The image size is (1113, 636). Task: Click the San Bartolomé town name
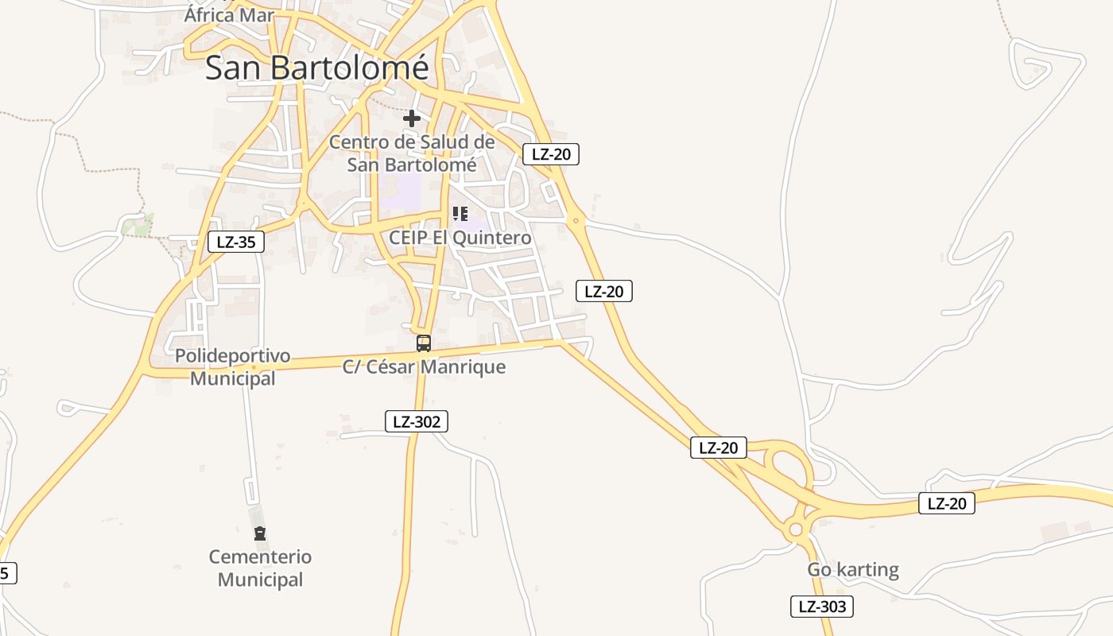(x=316, y=68)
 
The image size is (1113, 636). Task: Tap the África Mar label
(x=229, y=14)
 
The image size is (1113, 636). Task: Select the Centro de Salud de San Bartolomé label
(x=412, y=153)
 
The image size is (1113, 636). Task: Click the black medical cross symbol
(x=411, y=118)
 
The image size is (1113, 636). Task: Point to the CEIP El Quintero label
(x=460, y=237)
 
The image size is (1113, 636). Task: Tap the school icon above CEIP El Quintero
(x=460, y=214)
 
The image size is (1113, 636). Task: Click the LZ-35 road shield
(x=236, y=242)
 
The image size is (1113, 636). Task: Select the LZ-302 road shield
(x=416, y=422)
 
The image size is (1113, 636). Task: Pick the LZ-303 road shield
(x=821, y=607)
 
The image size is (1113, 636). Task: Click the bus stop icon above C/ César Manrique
(x=424, y=343)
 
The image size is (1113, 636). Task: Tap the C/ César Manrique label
(x=424, y=366)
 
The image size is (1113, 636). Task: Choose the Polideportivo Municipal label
(x=233, y=366)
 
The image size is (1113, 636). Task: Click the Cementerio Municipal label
(x=261, y=568)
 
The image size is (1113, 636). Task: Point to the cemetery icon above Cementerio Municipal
(x=259, y=533)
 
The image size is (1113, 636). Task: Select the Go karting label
(x=853, y=569)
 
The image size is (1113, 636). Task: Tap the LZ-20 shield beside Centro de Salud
(x=550, y=154)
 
